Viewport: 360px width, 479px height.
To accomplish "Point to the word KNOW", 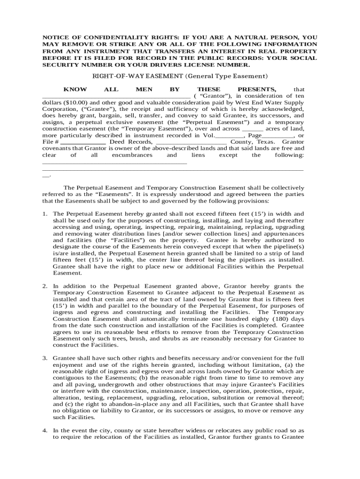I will pos(75,89).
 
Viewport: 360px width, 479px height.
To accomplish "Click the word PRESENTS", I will pos(257,89).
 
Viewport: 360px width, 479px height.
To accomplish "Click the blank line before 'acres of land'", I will pos(253,129).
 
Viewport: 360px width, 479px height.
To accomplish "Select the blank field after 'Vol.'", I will pos(229,135).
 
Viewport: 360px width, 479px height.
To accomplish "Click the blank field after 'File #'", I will pos(83,142).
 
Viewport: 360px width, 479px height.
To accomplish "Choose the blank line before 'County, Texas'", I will pos(191,142).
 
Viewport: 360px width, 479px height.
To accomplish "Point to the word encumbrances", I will pos(132,155).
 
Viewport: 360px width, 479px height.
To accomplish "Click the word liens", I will pos(198,155).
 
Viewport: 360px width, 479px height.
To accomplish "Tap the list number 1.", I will pos(45,214).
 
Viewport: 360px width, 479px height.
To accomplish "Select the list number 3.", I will pos(45,358).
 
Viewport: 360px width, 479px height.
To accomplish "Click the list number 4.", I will pos(45,430).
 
